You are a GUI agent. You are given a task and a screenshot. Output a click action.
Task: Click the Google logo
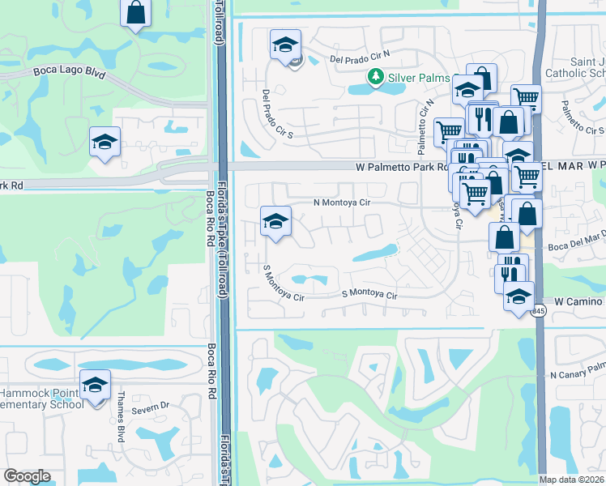tap(27, 476)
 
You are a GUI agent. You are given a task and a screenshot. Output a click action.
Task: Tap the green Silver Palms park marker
tap(375, 76)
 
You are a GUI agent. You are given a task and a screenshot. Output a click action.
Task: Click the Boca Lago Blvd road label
tap(70, 72)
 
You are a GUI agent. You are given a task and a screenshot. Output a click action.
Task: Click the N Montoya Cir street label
tap(342, 203)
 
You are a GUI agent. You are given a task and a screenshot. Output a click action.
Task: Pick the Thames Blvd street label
tap(121, 424)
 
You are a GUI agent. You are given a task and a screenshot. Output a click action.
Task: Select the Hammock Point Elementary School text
tap(41, 398)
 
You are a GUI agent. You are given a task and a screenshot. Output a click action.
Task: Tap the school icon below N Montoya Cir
tap(275, 221)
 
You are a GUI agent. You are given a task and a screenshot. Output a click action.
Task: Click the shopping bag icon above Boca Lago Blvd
tap(136, 13)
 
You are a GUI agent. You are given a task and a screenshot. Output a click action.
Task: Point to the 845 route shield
tap(538, 311)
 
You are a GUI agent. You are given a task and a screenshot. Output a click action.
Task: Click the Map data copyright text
tap(571, 480)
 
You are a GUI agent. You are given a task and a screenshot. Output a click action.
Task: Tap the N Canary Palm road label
tap(578, 374)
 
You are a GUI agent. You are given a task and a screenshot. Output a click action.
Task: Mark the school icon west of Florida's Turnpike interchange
tap(105, 143)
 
